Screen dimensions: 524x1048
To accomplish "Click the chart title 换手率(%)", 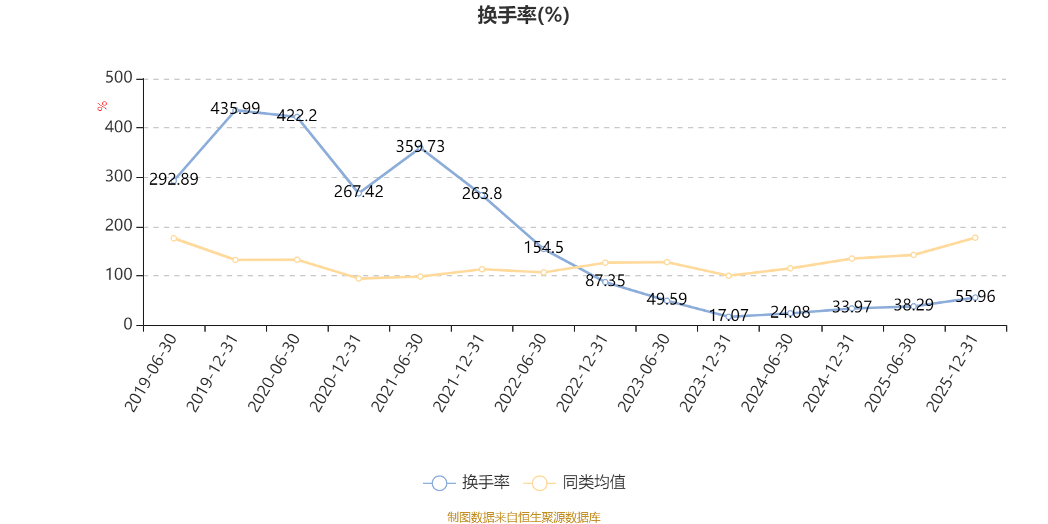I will (x=523, y=15).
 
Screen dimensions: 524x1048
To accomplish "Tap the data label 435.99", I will (x=235, y=108).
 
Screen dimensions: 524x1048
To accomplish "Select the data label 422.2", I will (x=297, y=116).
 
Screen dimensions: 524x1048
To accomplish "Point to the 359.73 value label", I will (x=420, y=147).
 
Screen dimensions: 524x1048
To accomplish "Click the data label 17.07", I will (x=728, y=316).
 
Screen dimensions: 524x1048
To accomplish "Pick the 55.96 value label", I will (x=975, y=297).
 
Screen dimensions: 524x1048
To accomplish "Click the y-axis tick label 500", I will (x=119, y=78).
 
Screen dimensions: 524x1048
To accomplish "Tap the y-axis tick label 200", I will (x=119, y=226).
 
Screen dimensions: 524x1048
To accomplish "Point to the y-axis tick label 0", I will (x=128, y=325).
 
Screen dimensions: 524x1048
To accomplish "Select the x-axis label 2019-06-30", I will (x=151, y=372).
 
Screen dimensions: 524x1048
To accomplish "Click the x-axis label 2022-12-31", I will (x=583, y=372).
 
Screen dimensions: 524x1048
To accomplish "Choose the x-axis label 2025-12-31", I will (x=952, y=372).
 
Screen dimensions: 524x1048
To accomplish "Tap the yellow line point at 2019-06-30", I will (x=174, y=238).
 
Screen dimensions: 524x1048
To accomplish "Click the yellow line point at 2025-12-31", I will (x=975, y=238).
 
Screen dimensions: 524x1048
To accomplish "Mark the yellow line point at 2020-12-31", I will (x=358, y=278).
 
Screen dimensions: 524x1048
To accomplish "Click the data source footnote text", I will (x=523, y=517).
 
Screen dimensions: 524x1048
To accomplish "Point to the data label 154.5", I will (x=544, y=248).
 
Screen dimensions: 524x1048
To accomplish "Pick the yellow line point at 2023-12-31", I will (x=728, y=276).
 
